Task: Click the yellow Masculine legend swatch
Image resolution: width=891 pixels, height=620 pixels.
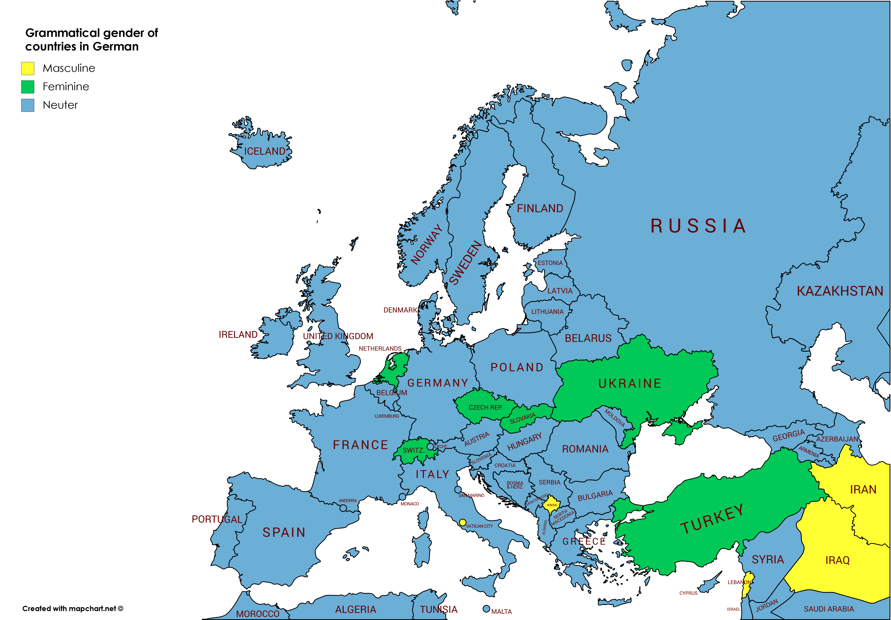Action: [28, 68]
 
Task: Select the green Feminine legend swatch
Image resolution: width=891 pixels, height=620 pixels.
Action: [28, 87]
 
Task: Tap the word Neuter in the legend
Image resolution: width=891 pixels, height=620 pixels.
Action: [60, 105]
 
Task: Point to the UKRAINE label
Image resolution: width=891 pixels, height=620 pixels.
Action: [629, 383]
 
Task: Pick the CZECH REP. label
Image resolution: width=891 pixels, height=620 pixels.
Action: [485, 407]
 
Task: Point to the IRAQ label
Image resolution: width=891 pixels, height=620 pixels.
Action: [837, 560]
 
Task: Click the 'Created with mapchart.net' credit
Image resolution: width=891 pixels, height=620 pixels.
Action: [73, 608]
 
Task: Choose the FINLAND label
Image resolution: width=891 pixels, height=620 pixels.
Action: [540, 209]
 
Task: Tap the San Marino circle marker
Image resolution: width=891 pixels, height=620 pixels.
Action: [458, 490]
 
